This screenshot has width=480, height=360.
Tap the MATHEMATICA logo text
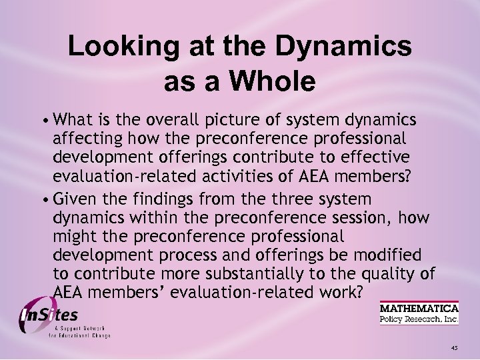point(419,309)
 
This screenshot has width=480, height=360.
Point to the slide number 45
point(454,347)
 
